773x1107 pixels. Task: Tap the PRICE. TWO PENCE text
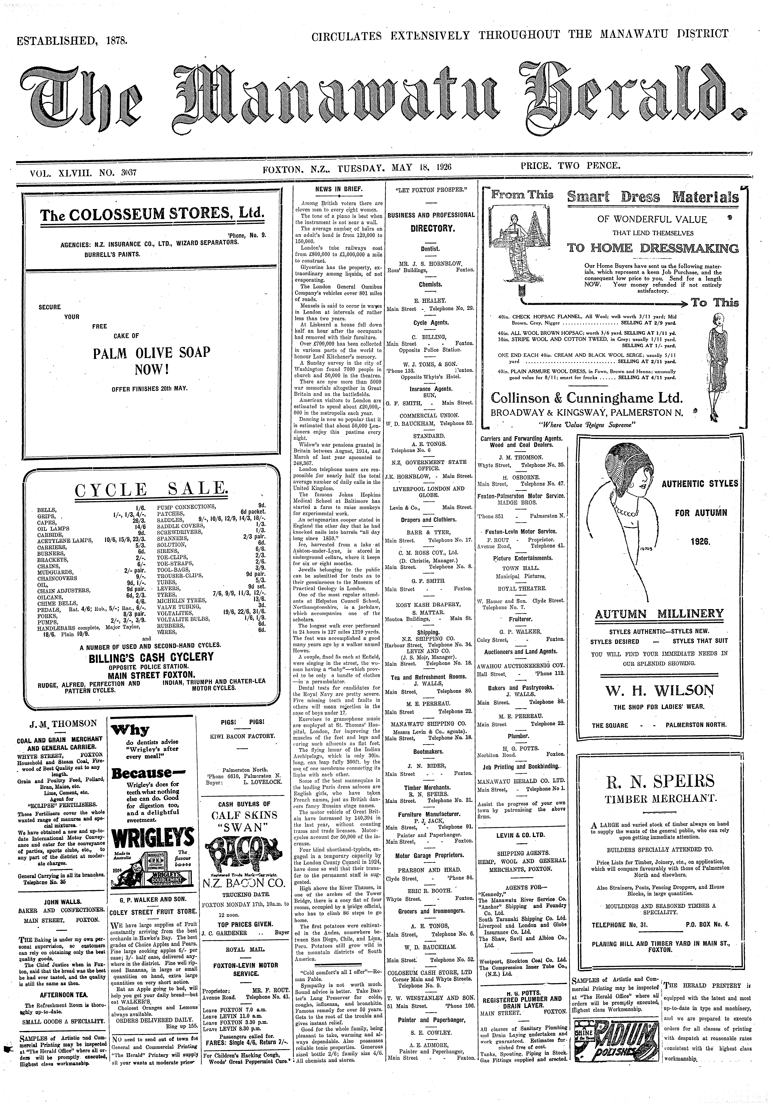[x=571, y=166]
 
